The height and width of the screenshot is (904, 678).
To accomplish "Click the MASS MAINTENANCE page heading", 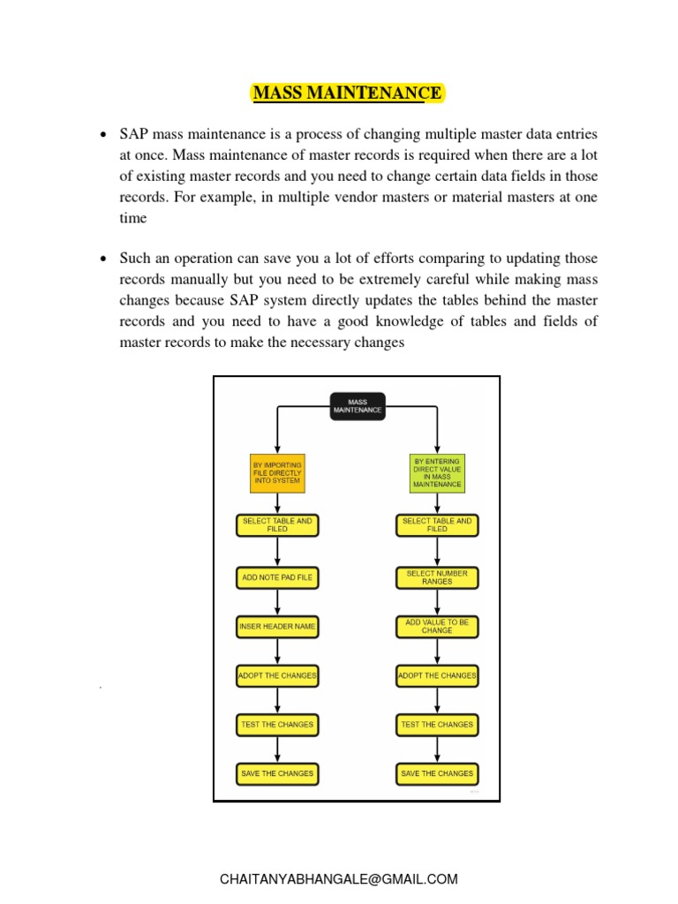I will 347,93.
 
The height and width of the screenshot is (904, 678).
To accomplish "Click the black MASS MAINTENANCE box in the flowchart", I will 358,406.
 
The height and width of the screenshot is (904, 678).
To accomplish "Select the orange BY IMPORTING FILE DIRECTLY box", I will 277,472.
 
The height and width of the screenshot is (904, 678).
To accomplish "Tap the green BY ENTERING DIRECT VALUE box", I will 437,473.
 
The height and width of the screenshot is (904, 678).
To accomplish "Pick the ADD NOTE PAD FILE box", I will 277,578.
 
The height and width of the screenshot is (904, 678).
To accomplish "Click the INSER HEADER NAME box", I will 277,627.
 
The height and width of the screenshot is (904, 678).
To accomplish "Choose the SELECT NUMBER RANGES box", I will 437,578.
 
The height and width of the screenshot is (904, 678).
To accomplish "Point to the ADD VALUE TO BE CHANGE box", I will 437,627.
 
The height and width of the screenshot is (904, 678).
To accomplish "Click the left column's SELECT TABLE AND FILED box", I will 277,525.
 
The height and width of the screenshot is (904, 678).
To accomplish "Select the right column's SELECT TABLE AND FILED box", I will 437,525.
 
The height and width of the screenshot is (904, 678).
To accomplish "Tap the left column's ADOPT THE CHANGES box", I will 277,676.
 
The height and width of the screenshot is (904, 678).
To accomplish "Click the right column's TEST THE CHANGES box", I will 437,725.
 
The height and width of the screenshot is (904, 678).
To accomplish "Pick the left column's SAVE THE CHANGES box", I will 277,774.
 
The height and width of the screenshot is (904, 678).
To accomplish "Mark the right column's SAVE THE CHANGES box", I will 437,774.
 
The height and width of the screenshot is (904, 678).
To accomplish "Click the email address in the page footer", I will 339,879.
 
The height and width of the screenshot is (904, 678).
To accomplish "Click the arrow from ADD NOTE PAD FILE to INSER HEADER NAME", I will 277,602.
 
